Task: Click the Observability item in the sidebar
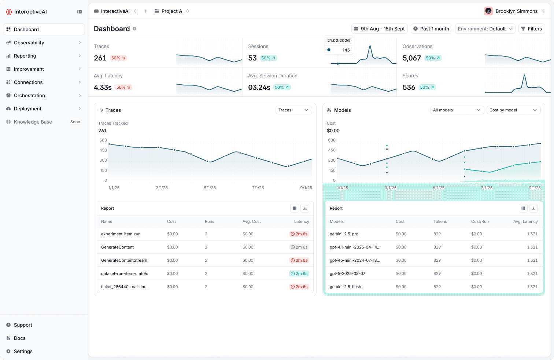click(29, 43)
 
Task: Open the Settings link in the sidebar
click(23, 351)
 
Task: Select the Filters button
click(532, 29)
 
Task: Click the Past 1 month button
click(431, 29)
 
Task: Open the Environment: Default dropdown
click(485, 29)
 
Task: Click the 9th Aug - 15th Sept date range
click(379, 29)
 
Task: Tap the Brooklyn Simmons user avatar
click(488, 11)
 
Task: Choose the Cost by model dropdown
click(513, 110)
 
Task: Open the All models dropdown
click(457, 110)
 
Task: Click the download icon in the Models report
click(533, 208)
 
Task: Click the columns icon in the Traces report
click(295, 208)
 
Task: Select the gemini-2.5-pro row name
click(344, 234)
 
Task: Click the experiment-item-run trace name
click(121, 234)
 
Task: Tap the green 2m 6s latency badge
click(299, 273)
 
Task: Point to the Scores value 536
click(409, 87)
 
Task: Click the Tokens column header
click(440, 221)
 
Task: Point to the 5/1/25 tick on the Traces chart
click(210, 188)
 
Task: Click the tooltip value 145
click(346, 50)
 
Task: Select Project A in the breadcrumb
click(171, 11)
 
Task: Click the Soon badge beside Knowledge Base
click(75, 122)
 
